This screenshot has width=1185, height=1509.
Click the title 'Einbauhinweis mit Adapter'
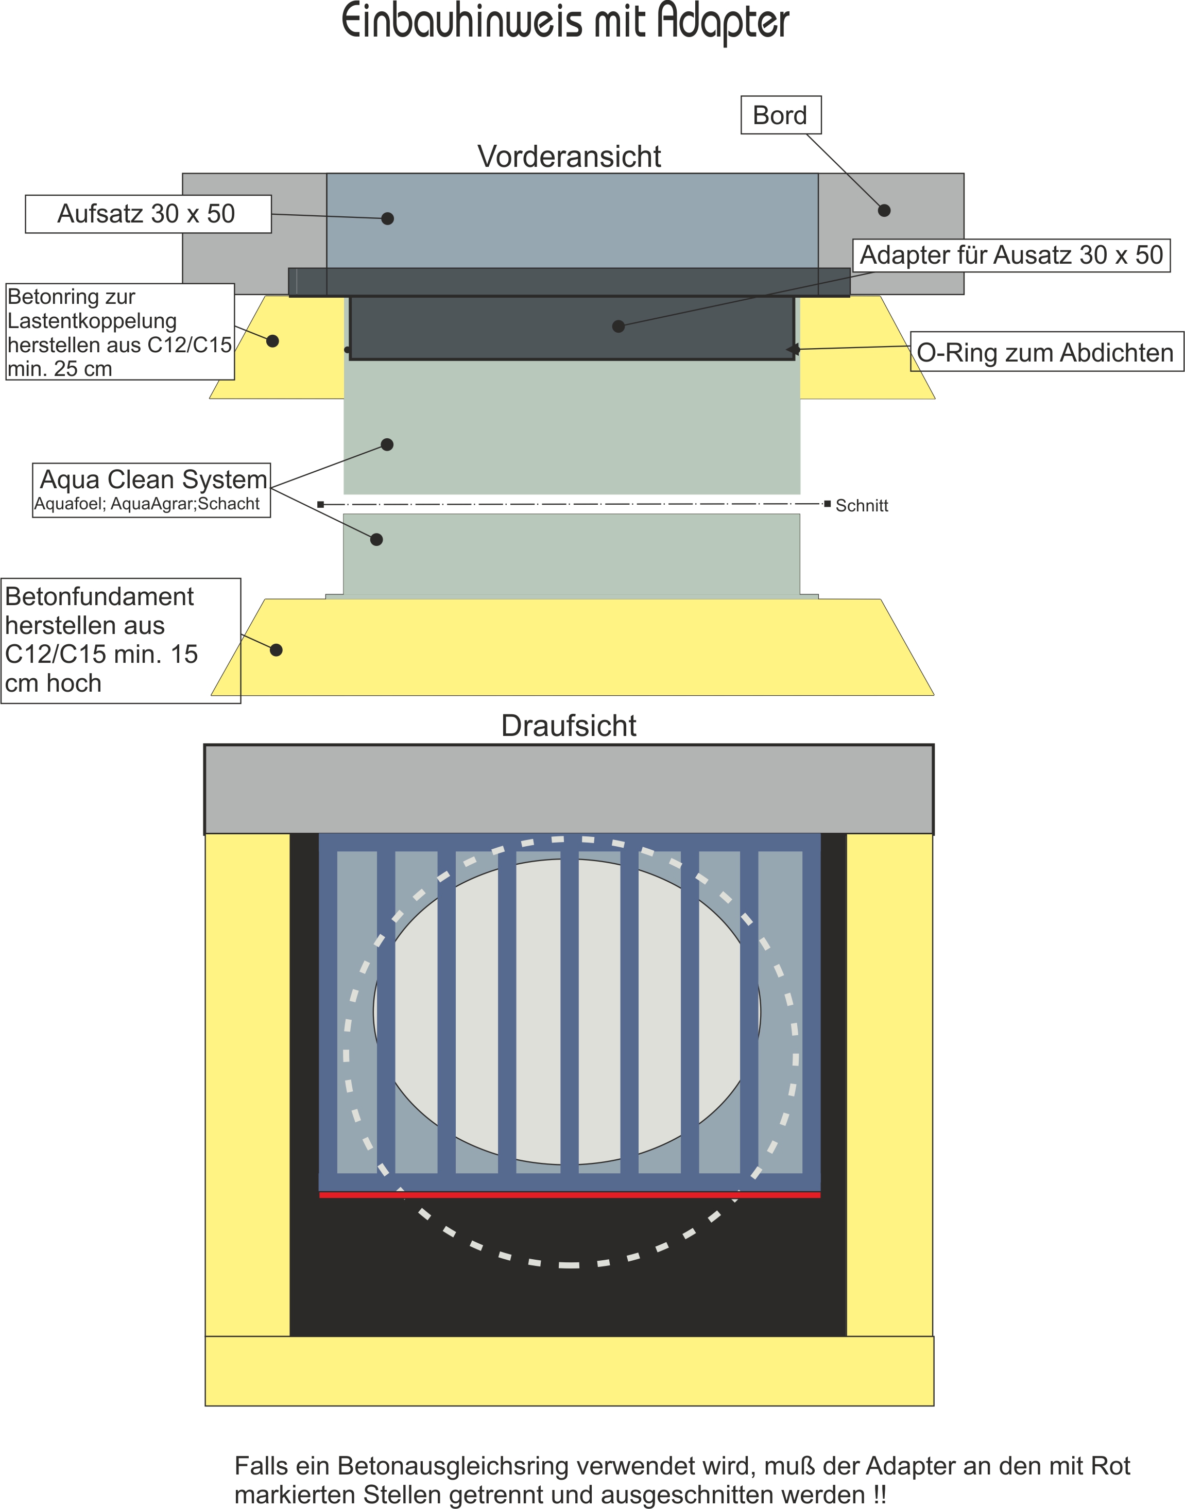(x=565, y=23)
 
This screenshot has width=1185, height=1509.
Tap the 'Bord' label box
(x=781, y=115)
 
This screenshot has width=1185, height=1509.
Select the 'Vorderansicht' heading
(x=569, y=157)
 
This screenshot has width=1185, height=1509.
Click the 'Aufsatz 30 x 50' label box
(x=148, y=214)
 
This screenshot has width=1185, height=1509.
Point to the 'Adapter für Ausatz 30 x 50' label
(x=1011, y=255)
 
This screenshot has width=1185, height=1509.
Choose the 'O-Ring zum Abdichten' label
(x=1045, y=352)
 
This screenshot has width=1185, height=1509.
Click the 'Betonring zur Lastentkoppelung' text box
(x=119, y=332)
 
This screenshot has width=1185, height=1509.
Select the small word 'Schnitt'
(x=861, y=506)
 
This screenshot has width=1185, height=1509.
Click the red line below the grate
(x=569, y=1195)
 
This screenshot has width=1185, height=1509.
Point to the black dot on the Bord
(x=884, y=210)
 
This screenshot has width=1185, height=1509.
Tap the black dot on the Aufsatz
(x=388, y=218)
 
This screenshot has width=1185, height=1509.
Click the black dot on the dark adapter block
(x=618, y=326)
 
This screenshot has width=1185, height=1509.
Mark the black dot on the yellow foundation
(x=276, y=650)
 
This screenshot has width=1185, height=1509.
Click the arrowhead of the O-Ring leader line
(x=792, y=349)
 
